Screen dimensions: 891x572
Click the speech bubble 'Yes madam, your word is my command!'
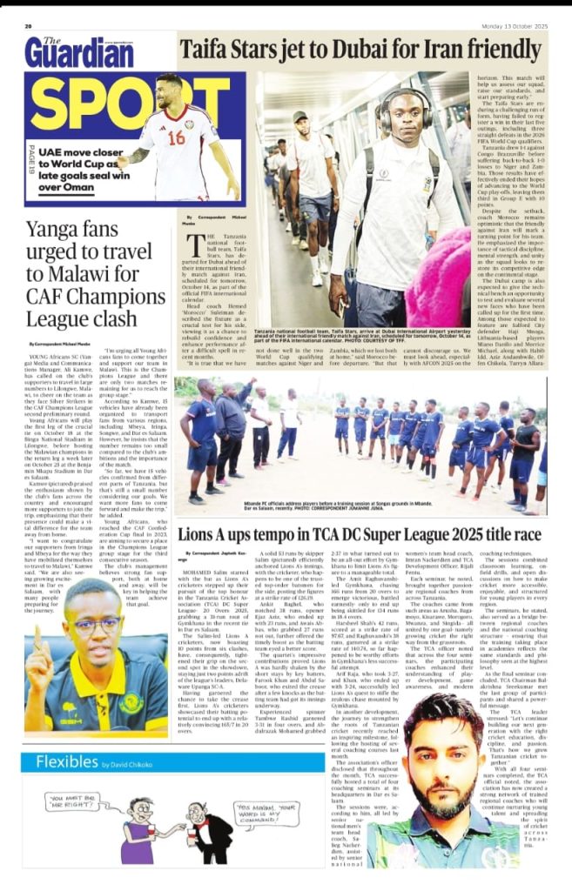click(262, 819)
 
